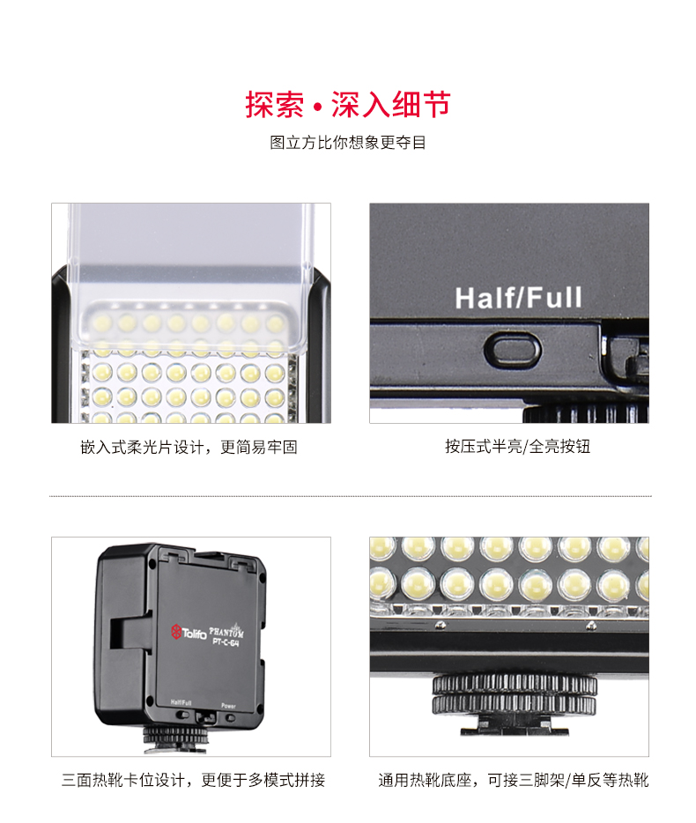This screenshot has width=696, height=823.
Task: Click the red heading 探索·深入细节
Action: point(348,105)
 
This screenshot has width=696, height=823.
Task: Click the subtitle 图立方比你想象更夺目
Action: point(348,143)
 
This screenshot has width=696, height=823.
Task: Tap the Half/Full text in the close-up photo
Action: point(519,298)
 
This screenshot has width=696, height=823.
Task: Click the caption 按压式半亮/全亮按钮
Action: point(517,447)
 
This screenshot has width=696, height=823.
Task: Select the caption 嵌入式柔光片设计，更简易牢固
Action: point(189,447)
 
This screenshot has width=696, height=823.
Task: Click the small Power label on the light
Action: point(228,705)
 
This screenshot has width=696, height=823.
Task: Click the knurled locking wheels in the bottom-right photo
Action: point(514,695)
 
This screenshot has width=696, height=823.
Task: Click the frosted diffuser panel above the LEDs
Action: point(190,256)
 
